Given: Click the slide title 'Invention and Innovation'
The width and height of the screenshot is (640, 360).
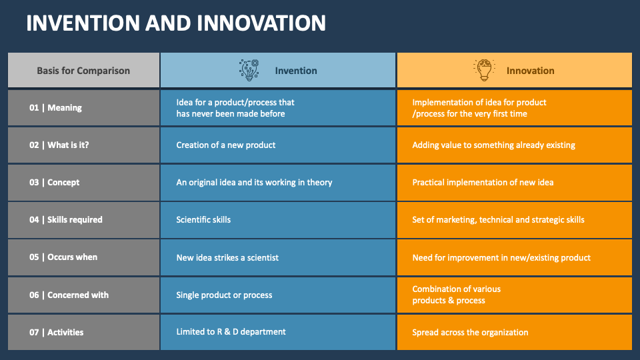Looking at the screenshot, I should [x=176, y=23].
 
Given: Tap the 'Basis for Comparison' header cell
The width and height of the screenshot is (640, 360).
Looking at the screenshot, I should [x=83, y=71].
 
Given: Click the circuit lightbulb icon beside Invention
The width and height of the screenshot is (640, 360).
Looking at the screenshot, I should [x=249, y=70].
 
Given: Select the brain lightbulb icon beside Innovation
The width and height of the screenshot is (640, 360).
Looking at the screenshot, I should [x=484, y=70].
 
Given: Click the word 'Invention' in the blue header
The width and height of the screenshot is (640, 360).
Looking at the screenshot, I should [x=296, y=71].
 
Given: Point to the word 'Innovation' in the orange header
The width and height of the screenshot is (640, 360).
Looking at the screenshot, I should [x=530, y=71].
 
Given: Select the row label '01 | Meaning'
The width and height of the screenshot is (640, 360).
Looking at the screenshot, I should [x=55, y=108].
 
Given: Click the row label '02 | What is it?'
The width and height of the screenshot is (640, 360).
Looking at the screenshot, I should [x=59, y=145].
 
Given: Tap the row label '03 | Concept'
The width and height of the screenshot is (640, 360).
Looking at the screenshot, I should [x=54, y=183].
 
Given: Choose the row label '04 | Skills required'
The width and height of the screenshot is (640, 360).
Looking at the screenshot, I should [x=65, y=220].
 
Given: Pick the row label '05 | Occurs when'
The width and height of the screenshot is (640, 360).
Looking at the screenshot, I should [x=63, y=257].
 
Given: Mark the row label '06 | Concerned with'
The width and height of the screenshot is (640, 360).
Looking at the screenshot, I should [x=69, y=295].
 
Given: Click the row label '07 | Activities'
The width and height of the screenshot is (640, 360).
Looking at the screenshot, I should [x=56, y=333].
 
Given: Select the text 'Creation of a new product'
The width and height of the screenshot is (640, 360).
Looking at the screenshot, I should [x=225, y=145].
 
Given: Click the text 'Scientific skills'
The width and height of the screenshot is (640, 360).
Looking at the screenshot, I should [x=203, y=220].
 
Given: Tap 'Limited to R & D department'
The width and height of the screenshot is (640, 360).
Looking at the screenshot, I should [x=231, y=332].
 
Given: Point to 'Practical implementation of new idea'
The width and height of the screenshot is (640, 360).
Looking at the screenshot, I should [x=483, y=183].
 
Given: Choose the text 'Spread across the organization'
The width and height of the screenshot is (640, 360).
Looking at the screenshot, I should [x=470, y=333].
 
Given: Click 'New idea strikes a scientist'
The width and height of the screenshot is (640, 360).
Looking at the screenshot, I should [x=227, y=257].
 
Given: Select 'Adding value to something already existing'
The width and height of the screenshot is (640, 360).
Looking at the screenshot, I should [x=493, y=145].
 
